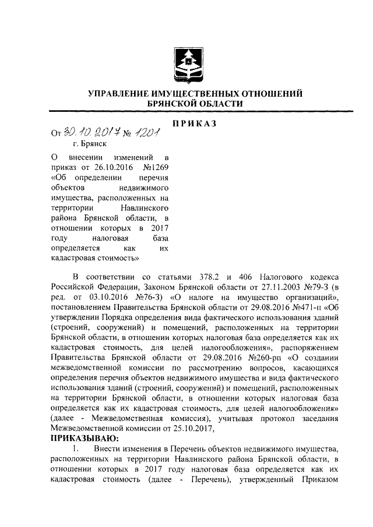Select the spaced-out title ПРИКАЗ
(x=195, y=123)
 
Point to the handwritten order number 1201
(x=146, y=135)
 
